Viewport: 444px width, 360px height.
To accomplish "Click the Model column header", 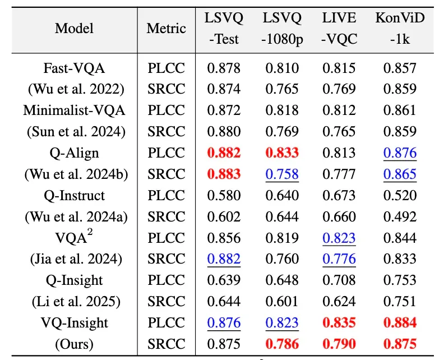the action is point(74,29).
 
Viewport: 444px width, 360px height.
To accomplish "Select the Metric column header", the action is point(166,29).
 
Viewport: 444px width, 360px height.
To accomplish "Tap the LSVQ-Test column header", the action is point(224,29).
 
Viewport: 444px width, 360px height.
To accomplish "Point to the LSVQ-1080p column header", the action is point(282,29).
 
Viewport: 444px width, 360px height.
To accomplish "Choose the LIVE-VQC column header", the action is point(339,29).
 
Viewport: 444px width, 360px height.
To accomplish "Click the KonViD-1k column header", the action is point(400,29).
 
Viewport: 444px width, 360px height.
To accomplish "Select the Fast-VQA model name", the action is point(74,68).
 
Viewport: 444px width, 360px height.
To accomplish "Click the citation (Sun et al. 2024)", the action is point(76,131).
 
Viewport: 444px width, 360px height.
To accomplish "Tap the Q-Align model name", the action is point(74,153).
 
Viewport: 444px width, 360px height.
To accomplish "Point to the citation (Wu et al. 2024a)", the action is point(76,216).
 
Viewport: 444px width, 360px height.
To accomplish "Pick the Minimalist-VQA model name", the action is point(74,110).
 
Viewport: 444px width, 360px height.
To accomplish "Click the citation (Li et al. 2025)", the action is point(76,301).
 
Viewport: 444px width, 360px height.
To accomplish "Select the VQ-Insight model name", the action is point(74,322).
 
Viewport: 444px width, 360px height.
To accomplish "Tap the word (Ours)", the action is point(74,344).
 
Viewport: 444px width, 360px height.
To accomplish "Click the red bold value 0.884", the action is point(400,322).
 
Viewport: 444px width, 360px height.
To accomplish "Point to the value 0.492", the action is point(400,216).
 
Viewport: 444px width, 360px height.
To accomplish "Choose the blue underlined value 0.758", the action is point(282,174).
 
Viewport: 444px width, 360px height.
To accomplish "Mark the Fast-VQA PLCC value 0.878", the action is point(224,68).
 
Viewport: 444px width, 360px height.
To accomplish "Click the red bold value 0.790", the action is point(339,344).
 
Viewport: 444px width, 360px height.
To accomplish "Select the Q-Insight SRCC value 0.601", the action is point(282,301).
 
